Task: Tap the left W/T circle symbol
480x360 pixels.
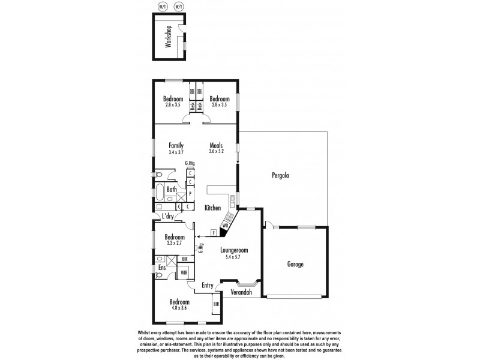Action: coord(162,7)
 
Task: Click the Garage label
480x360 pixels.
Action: coord(295,264)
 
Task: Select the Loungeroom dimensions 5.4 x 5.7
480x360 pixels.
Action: coord(233,256)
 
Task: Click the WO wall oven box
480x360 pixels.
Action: coord(225,225)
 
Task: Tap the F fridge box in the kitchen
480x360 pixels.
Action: coord(213,232)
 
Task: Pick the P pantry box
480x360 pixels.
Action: coord(190,194)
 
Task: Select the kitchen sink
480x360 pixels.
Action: coord(232,199)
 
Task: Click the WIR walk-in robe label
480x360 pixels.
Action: coord(185,272)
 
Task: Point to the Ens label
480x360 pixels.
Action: coord(162,268)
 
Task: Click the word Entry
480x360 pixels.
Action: coord(208,285)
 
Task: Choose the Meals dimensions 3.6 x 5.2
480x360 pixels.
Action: coord(217,152)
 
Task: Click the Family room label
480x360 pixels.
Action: coord(176,145)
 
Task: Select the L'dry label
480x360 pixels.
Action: coord(168,217)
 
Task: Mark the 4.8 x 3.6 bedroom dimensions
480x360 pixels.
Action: coord(179,308)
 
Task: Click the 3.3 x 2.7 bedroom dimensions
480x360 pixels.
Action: coord(175,244)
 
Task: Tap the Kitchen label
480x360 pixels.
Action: coord(213,208)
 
